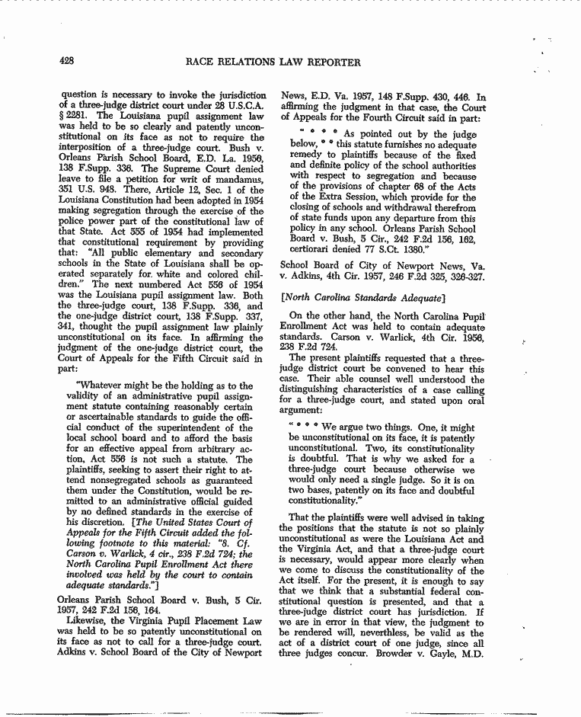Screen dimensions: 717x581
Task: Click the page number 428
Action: point(70,62)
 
